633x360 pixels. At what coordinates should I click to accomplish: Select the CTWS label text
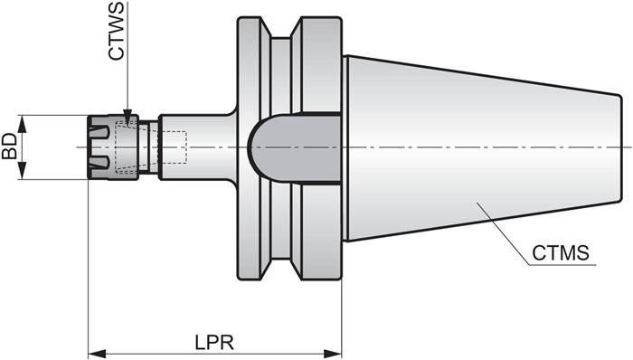[x=117, y=33]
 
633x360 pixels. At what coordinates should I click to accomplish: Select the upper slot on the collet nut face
[x=102, y=131]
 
